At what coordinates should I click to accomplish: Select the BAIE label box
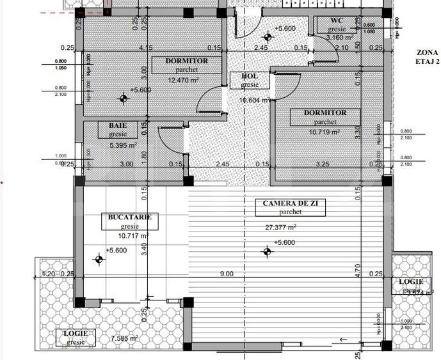coord(118,130)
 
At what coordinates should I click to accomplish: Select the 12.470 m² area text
coord(183,80)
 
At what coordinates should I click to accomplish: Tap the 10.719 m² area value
coord(321,132)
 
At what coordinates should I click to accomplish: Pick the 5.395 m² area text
coord(123,145)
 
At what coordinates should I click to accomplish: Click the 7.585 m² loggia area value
coord(124,338)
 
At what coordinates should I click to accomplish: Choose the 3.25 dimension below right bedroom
coord(323,164)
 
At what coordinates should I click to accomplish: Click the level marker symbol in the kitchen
coord(99,260)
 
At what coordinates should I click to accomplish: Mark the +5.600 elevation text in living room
coord(284,242)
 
